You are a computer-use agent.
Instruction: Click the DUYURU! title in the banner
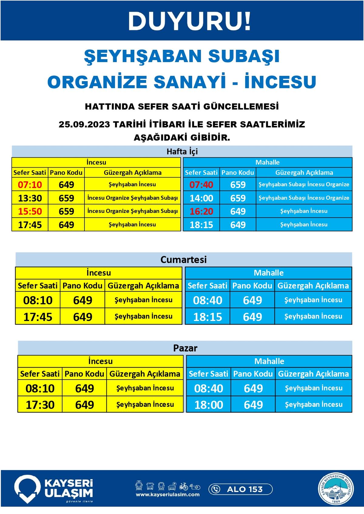[190, 21]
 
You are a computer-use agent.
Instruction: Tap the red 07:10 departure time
[30, 184]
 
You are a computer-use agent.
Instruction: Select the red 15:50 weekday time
[30, 211]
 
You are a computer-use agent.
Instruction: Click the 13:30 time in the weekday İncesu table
[30, 198]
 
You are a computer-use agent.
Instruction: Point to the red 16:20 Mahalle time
[201, 211]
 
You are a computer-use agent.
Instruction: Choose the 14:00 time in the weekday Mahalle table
[201, 198]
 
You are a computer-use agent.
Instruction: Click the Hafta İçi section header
[182, 151]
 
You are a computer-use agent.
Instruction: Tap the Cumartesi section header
[184, 260]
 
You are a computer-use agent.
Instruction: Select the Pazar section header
[185, 348]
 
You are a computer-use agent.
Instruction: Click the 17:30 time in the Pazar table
[40, 405]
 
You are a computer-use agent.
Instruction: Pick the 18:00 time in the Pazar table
[208, 405]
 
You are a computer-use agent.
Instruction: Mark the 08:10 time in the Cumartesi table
[38, 300]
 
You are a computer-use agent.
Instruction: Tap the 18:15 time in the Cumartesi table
[208, 317]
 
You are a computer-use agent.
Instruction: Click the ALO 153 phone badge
[240, 489]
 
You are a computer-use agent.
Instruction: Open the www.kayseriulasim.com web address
[168, 495]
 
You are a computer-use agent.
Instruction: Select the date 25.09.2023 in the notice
[84, 124]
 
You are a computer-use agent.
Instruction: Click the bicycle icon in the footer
[183, 486]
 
